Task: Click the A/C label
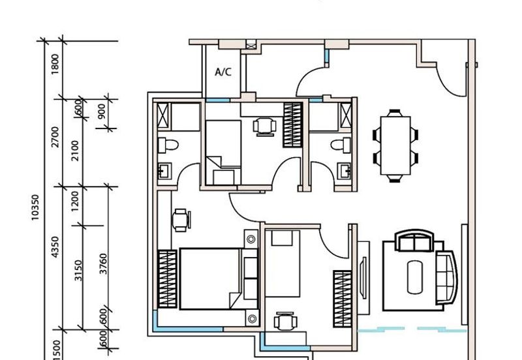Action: coord(223,72)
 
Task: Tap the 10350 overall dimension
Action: coord(35,207)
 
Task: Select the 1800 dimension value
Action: coord(55,64)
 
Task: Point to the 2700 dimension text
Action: coord(55,137)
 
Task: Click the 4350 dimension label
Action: coord(55,247)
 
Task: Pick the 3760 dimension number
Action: coord(104,264)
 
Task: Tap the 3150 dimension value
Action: coord(78,271)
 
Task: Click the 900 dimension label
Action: coord(102,111)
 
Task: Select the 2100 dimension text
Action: coord(76,151)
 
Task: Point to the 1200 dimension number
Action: coord(76,202)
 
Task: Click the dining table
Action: coord(395,145)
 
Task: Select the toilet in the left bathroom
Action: coord(168,145)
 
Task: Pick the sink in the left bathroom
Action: coord(164,171)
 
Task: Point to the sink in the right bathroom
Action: coord(344,171)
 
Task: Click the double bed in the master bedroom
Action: coord(219,279)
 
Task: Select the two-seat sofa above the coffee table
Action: coord(414,240)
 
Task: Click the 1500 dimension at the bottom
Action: coord(56,350)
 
